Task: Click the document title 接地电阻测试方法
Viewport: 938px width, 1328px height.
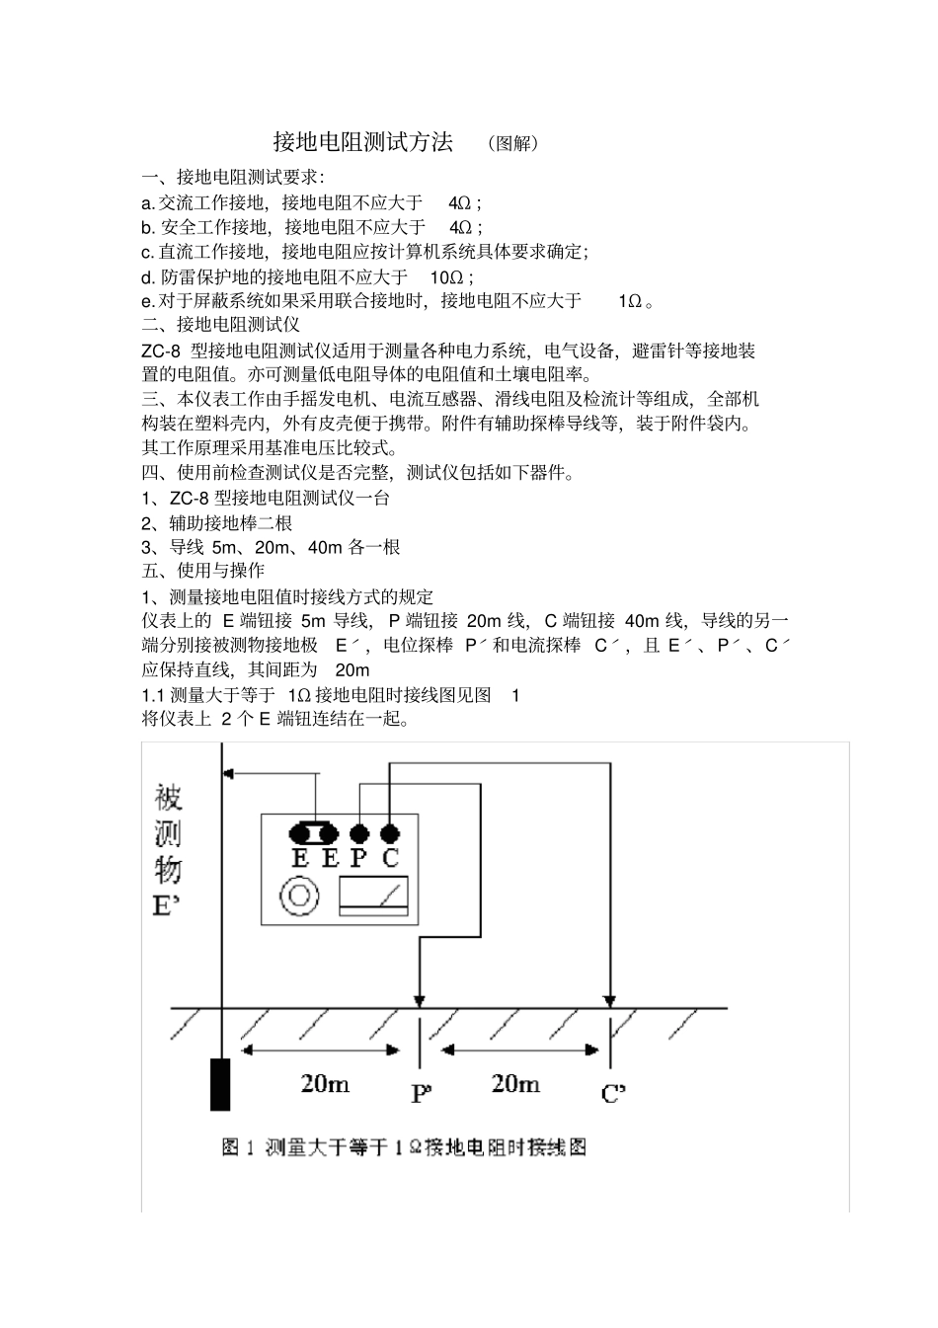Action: pyautogui.click(x=362, y=142)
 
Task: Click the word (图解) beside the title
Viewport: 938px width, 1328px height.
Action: pyautogui.click(x=513, y=143)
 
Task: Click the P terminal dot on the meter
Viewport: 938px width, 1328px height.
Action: pyautogui.click(x=359, y=833)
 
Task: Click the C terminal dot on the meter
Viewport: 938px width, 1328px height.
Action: pyautogui.click(x=390, y=833)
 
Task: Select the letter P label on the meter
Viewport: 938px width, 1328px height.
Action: pyautogui.click(x=359, y=857)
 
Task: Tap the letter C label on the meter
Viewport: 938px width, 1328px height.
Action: pyautogui.click(x=390, y=857)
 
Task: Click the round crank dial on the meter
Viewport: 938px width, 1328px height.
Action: pyautogui.click(x=300, y=896)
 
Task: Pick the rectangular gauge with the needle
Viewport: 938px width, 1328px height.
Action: pyautogui.click(x=374, y=896)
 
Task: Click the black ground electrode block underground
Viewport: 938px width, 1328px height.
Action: pyautogui.click(x=220, y=1084)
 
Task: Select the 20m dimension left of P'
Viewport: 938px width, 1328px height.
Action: pyautogui.click(x=325, y=1083)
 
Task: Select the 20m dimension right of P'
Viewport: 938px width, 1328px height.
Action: pyautogui.click(x=515, y=1083)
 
